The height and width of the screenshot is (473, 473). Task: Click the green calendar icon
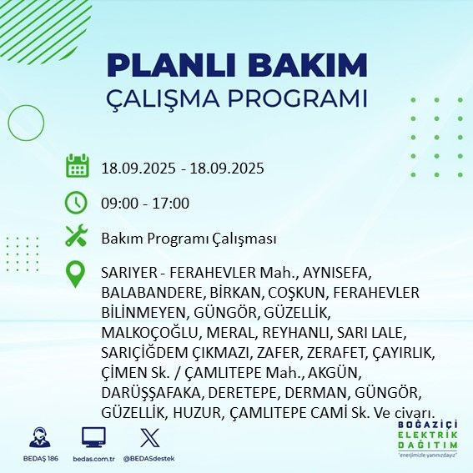(78, 166)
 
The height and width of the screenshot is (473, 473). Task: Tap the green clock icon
(78, 203)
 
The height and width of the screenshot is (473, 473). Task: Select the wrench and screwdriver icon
(78, 238)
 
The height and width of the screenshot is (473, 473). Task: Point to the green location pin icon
(78, 274)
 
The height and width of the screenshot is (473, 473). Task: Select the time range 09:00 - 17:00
(145, 204)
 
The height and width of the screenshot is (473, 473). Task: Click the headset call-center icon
(38, 438)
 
